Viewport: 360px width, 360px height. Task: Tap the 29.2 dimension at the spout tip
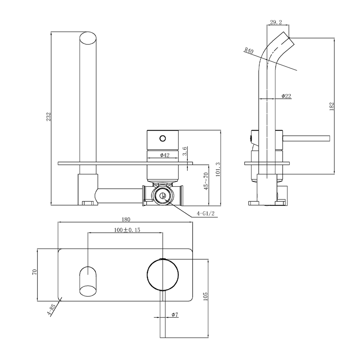click(x=276, y=22)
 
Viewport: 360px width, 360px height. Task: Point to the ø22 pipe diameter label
click(x=286, y=96)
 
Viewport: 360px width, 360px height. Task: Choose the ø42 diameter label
click(x=165, y=155)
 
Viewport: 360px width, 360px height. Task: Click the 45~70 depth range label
click(x=206, y=181)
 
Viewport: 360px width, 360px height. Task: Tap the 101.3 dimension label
click(x=218, y=169)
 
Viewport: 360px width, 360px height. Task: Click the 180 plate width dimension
click(x=126, y=219)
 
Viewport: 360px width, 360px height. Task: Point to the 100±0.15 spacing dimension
click(x=127, y=230)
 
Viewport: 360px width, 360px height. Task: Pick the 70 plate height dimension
click(x=34, y=272)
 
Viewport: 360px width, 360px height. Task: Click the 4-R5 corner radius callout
click(x=52, y=310)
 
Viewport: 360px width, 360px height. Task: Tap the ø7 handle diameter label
click(x=175, y=314)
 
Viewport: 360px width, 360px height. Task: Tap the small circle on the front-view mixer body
click(x=163, y=138)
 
